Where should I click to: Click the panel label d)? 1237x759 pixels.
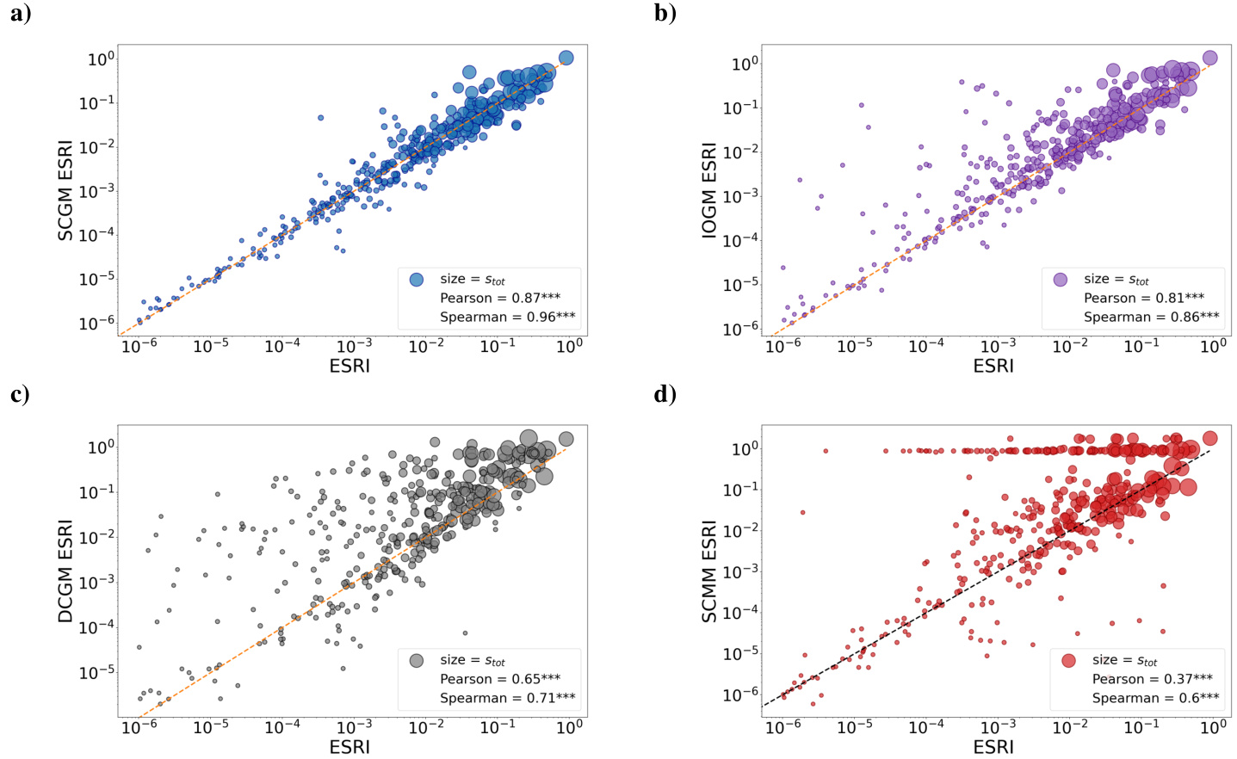(665, 394)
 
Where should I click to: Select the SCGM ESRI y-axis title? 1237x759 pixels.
(65, 189)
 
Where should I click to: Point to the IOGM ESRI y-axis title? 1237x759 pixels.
(709, 191)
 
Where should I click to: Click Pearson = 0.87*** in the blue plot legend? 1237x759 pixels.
(500, 298)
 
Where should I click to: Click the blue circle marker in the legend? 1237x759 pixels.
(417, 279)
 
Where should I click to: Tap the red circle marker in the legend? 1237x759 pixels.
(1068, 660)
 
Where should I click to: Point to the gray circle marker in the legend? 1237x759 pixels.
(417, 660)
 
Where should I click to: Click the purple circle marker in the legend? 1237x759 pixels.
(1061, 279)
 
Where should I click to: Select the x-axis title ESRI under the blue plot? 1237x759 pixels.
(349, 366)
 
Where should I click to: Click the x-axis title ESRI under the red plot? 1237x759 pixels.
(993, 747)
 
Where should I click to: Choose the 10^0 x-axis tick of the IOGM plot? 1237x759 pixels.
(1213, 346)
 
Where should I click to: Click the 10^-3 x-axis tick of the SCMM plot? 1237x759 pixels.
(998, 727)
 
